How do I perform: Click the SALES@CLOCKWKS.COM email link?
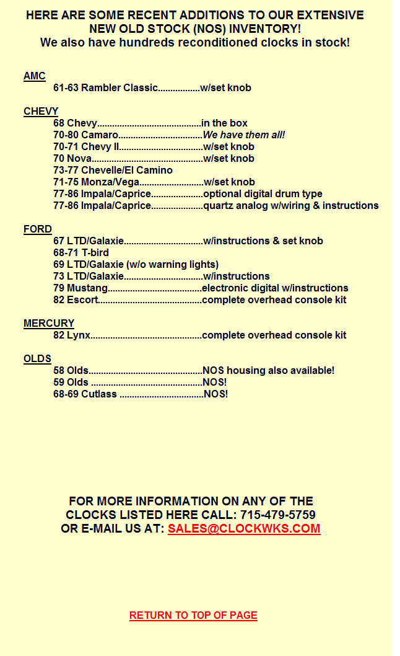pyautogui.click(x=244, y=529)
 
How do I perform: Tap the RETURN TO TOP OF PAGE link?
pyautogui.click(x=193, y=615)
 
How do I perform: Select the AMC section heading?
pyautogui.click(x=35, y=76)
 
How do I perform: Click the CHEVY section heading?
pyautogui.click(x=41, y=112)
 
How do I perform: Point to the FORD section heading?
pyautogui.click(x=38, y=229)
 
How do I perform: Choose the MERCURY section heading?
pyautogui.click(x=49, y=324)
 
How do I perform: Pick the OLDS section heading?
pyautogui.click(x=37, y=359)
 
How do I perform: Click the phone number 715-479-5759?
pyautogui.click(x=277, y=515)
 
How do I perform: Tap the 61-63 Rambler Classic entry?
pyautogui.click(x=105, y=88)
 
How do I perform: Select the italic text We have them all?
pyautogui.click(x=244, y=135)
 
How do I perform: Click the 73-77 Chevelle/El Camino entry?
pyautogui.click(x=113, y=171)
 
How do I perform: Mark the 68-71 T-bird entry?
pyautogui.click(x=81, y=253)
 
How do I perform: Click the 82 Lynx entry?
pyautogui.click(x=72, y=335)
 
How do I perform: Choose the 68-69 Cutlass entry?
pyautogui.click(x=85, y=394)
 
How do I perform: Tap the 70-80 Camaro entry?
pyautogui.click(x=85, y=135)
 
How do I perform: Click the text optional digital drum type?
pyautogui.click(x=263, y=194)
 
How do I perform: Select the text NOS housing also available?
pyautogui.click(x=268, y=371)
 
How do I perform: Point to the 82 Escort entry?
pyautogui.click(x=76, y=300)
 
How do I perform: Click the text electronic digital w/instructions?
pyautogui.click(x=275, y=288)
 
